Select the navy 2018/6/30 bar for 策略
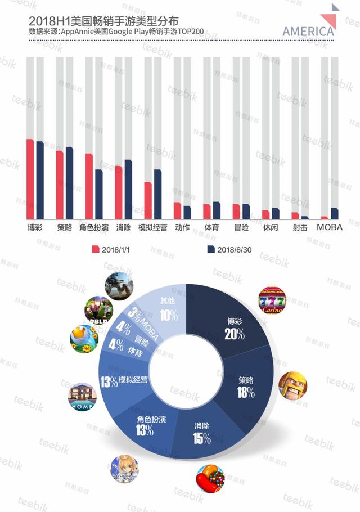click(69, 183)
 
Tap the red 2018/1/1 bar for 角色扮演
click(89, 186)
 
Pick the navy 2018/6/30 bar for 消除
click(128, 190)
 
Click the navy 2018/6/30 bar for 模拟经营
click(157, 194)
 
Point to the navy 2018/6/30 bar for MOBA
click(335, 213)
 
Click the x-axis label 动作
click(182, 228)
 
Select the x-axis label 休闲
click(271, 228)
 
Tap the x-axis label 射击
click(300, 228)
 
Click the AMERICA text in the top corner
click(308, 31)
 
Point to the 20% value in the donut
click(234, 334)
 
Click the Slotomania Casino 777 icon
click(272, 300)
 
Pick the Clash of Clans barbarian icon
click(292, 385)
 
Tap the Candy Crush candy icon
click(209, 479)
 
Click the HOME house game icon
click(82, 397)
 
